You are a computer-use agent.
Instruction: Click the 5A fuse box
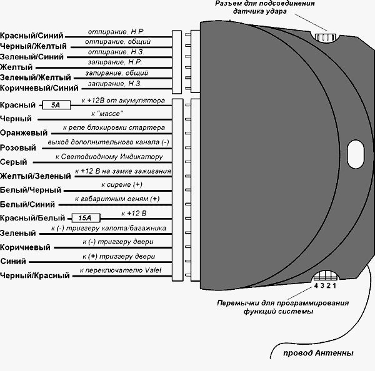56,106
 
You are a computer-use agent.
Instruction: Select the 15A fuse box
82,218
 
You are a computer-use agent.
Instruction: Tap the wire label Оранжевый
24,133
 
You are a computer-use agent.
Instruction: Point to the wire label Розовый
18,148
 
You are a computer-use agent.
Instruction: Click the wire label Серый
14,162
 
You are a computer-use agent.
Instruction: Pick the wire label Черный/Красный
35,275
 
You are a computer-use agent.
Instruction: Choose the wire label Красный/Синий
32,37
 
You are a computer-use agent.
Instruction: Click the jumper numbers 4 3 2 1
325,285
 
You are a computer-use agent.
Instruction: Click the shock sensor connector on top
326,37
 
